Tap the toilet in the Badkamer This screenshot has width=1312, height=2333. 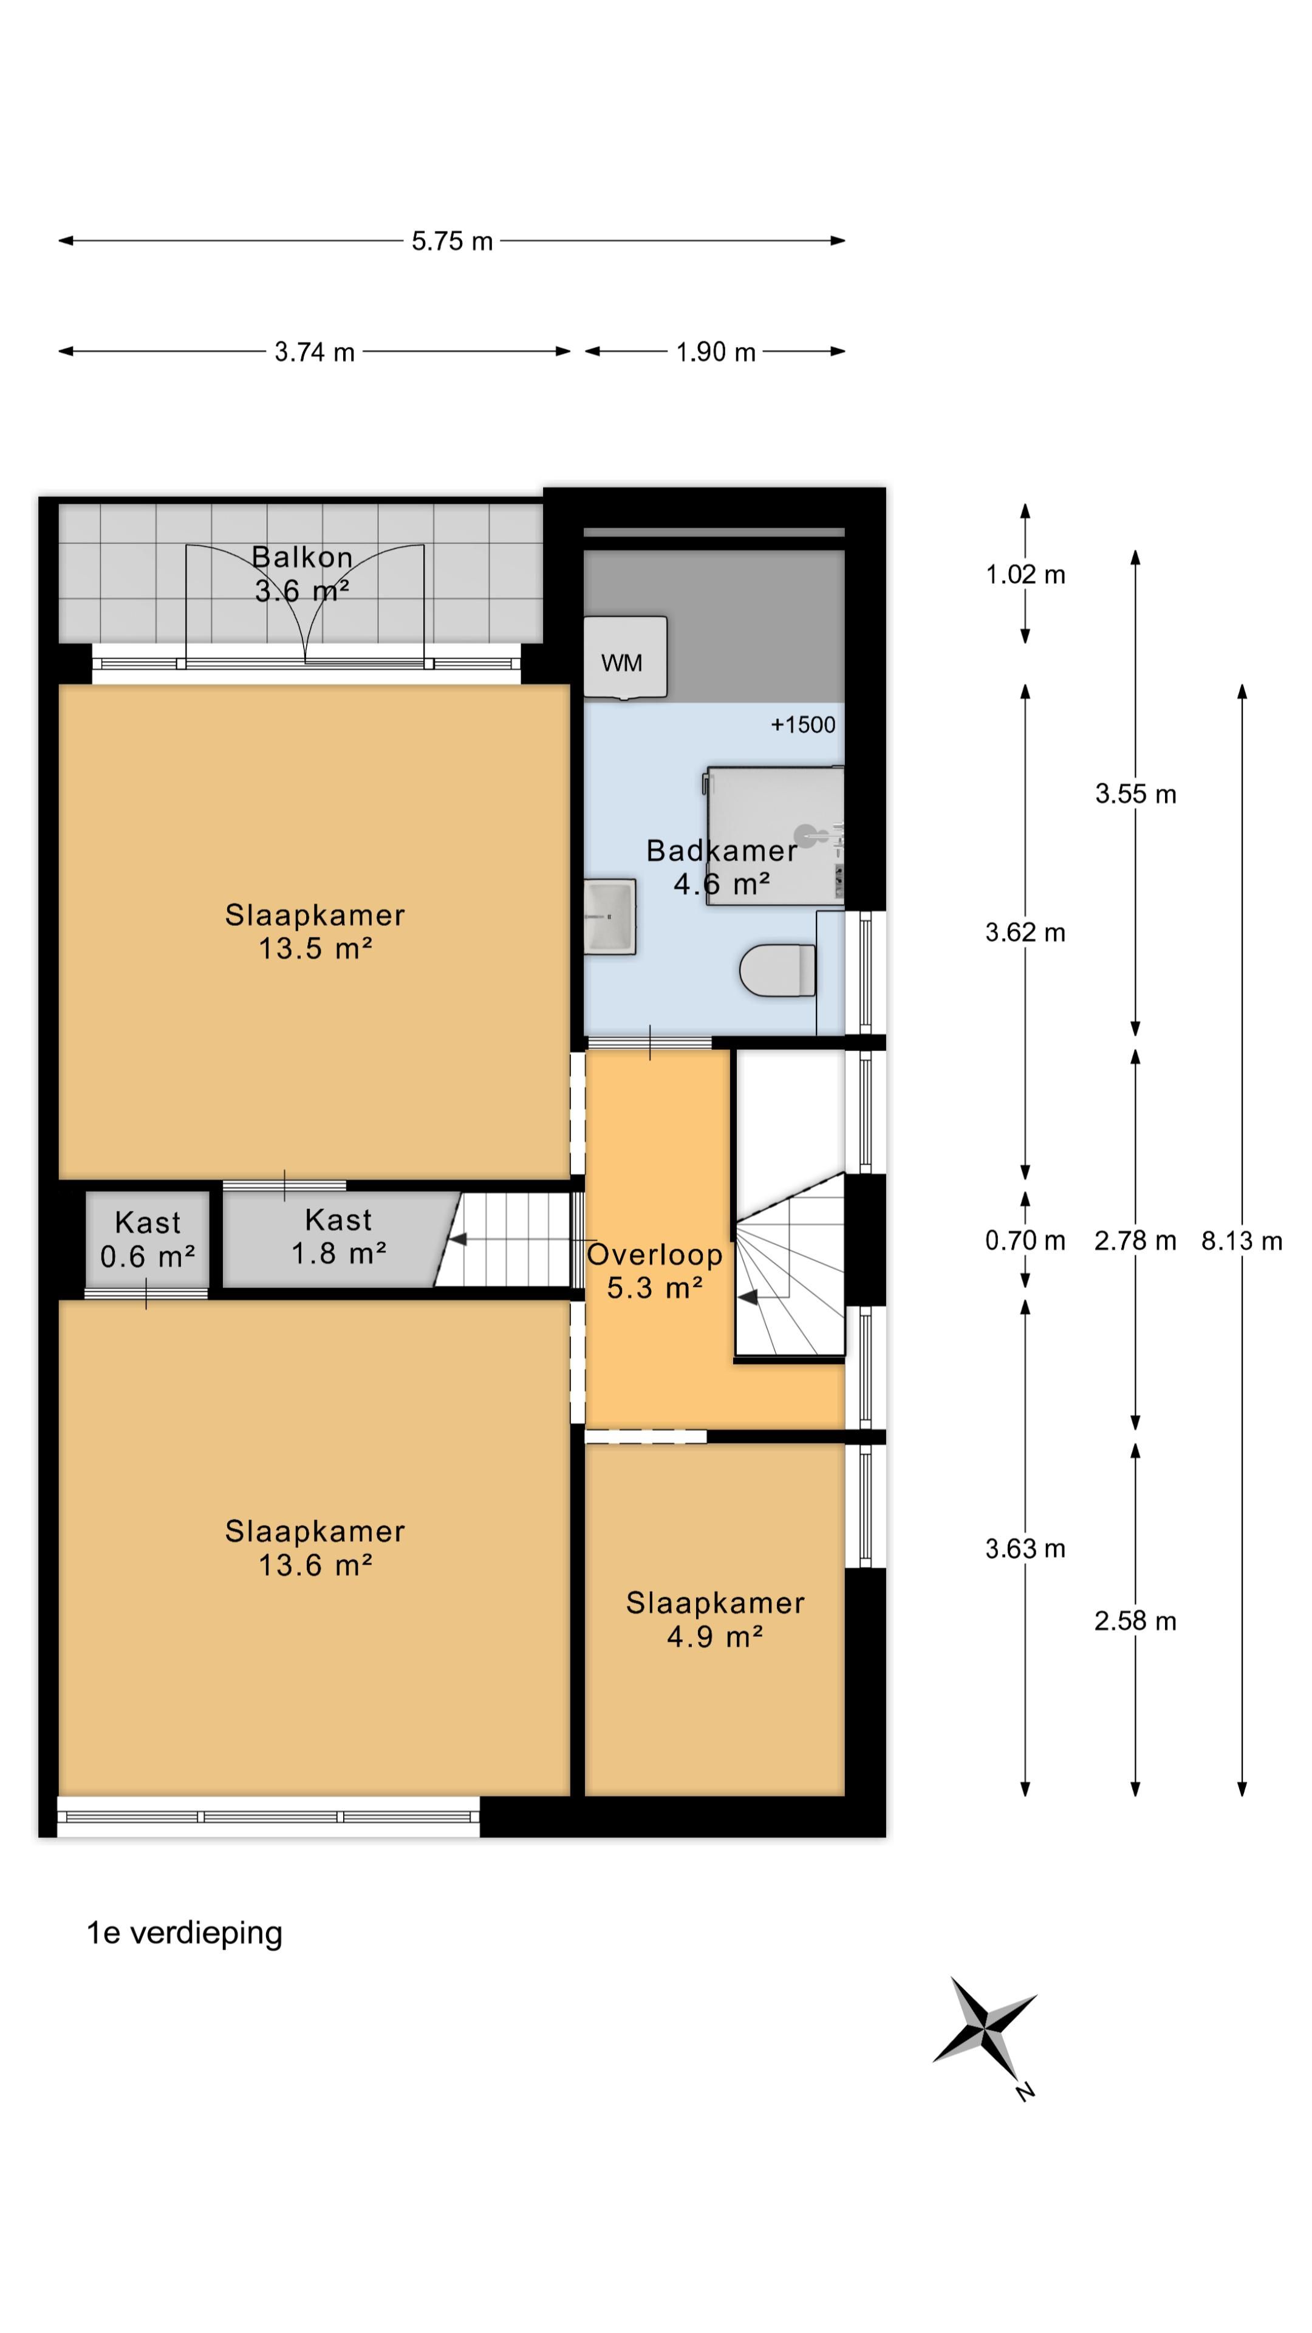pyautogui.click(x=777, y=970)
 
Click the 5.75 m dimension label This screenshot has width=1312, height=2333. pyautogui.click(x=452, y=241)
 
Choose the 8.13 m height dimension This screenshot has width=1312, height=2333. pyautogui.click(x=1242, y=1241)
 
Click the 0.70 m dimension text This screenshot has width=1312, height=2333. pyautogui.click(x=1025, y=1240)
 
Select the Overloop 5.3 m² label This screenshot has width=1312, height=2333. pyautogui.click(x=655, y=1270)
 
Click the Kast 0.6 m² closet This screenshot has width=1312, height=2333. pyautogui.click(x=148, y=1239)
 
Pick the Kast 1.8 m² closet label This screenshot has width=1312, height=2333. pyautogui.click(x=339, y=1236)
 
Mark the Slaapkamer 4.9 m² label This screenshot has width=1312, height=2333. pyautogui.click(x=716, y=1619)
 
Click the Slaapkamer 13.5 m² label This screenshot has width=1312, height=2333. pyautogui.click(x=315, y=931)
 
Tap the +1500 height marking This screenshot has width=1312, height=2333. pyautogui.click(x=803, y=725)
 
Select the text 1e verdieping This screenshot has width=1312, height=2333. pyautogui.click(x=185, y=1933)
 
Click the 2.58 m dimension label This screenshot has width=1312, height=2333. pyautogui.click(x=1135, y=1620)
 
